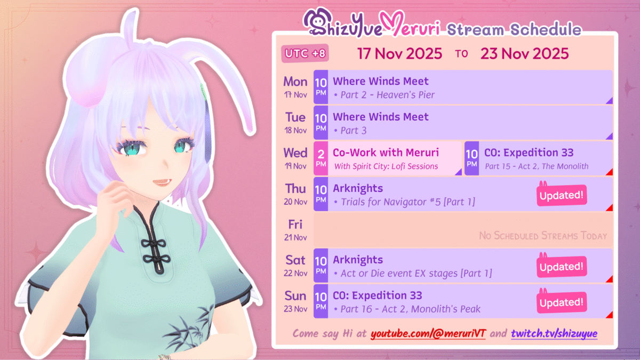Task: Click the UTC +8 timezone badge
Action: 305,53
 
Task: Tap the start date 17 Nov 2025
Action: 399,53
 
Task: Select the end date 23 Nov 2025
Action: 525,53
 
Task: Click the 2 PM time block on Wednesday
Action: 321,158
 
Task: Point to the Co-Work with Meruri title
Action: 386,153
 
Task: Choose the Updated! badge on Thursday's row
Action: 562,195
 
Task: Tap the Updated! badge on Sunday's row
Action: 562,302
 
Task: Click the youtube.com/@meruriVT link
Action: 428,333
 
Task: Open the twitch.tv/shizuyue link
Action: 554,333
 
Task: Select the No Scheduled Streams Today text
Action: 543,236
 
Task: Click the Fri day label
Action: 295,225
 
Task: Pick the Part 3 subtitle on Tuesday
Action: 350,131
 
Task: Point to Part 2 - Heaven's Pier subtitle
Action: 385,95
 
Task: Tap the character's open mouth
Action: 162,182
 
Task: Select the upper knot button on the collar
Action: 154,244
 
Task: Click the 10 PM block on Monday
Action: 321,87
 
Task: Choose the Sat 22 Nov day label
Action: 295,266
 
